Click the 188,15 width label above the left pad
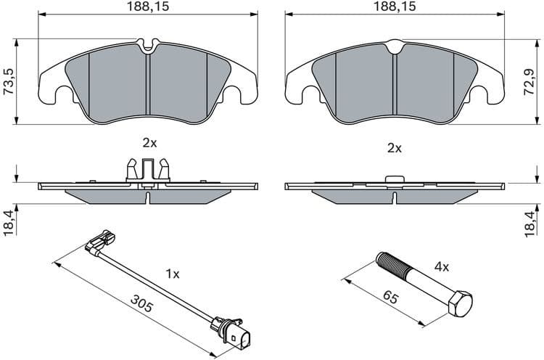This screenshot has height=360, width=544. [149, 7]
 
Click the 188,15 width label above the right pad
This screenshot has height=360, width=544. [395, 7]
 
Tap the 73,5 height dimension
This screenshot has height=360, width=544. [9, 82]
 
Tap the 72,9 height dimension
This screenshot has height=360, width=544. [535, 82]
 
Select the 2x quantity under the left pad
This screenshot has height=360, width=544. [149, 143]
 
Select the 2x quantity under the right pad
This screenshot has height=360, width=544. [395, 147]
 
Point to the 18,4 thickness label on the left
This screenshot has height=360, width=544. [9, 222]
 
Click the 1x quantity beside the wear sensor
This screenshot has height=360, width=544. [172, 274]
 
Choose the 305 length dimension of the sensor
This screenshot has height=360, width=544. [142, 303]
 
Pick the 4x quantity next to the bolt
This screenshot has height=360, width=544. [441, 266]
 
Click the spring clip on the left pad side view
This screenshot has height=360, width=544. [148, 168]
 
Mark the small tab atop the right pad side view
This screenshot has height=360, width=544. [394, 179]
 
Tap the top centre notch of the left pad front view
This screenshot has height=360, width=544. [148, 48]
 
